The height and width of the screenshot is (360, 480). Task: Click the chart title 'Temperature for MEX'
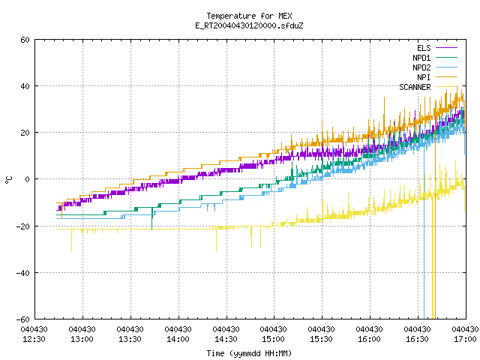pos(249,16)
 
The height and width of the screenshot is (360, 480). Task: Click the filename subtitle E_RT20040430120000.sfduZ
pos(249,25)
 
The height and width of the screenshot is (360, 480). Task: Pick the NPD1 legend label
pos(421,58)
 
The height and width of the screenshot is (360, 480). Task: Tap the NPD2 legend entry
pos(421,67)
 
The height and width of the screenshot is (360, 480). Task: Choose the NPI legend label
pos(424,77)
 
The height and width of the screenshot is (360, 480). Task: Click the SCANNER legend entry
pos(415,87)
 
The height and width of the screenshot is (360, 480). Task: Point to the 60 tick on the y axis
pos(25,40)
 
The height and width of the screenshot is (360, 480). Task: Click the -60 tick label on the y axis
pos(23,319)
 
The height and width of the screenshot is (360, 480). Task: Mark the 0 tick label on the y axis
pos(28,179)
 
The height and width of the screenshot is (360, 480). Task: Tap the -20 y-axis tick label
pos(23,226)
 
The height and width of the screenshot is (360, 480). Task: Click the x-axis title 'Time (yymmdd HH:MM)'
pos(249,353)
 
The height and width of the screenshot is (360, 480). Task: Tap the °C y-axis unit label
pos(8,180)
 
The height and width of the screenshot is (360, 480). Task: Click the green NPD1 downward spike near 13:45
pos(151,218)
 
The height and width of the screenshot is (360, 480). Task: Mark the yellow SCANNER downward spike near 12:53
pos(72,241)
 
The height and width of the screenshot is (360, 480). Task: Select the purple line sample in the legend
pos(446,48)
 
